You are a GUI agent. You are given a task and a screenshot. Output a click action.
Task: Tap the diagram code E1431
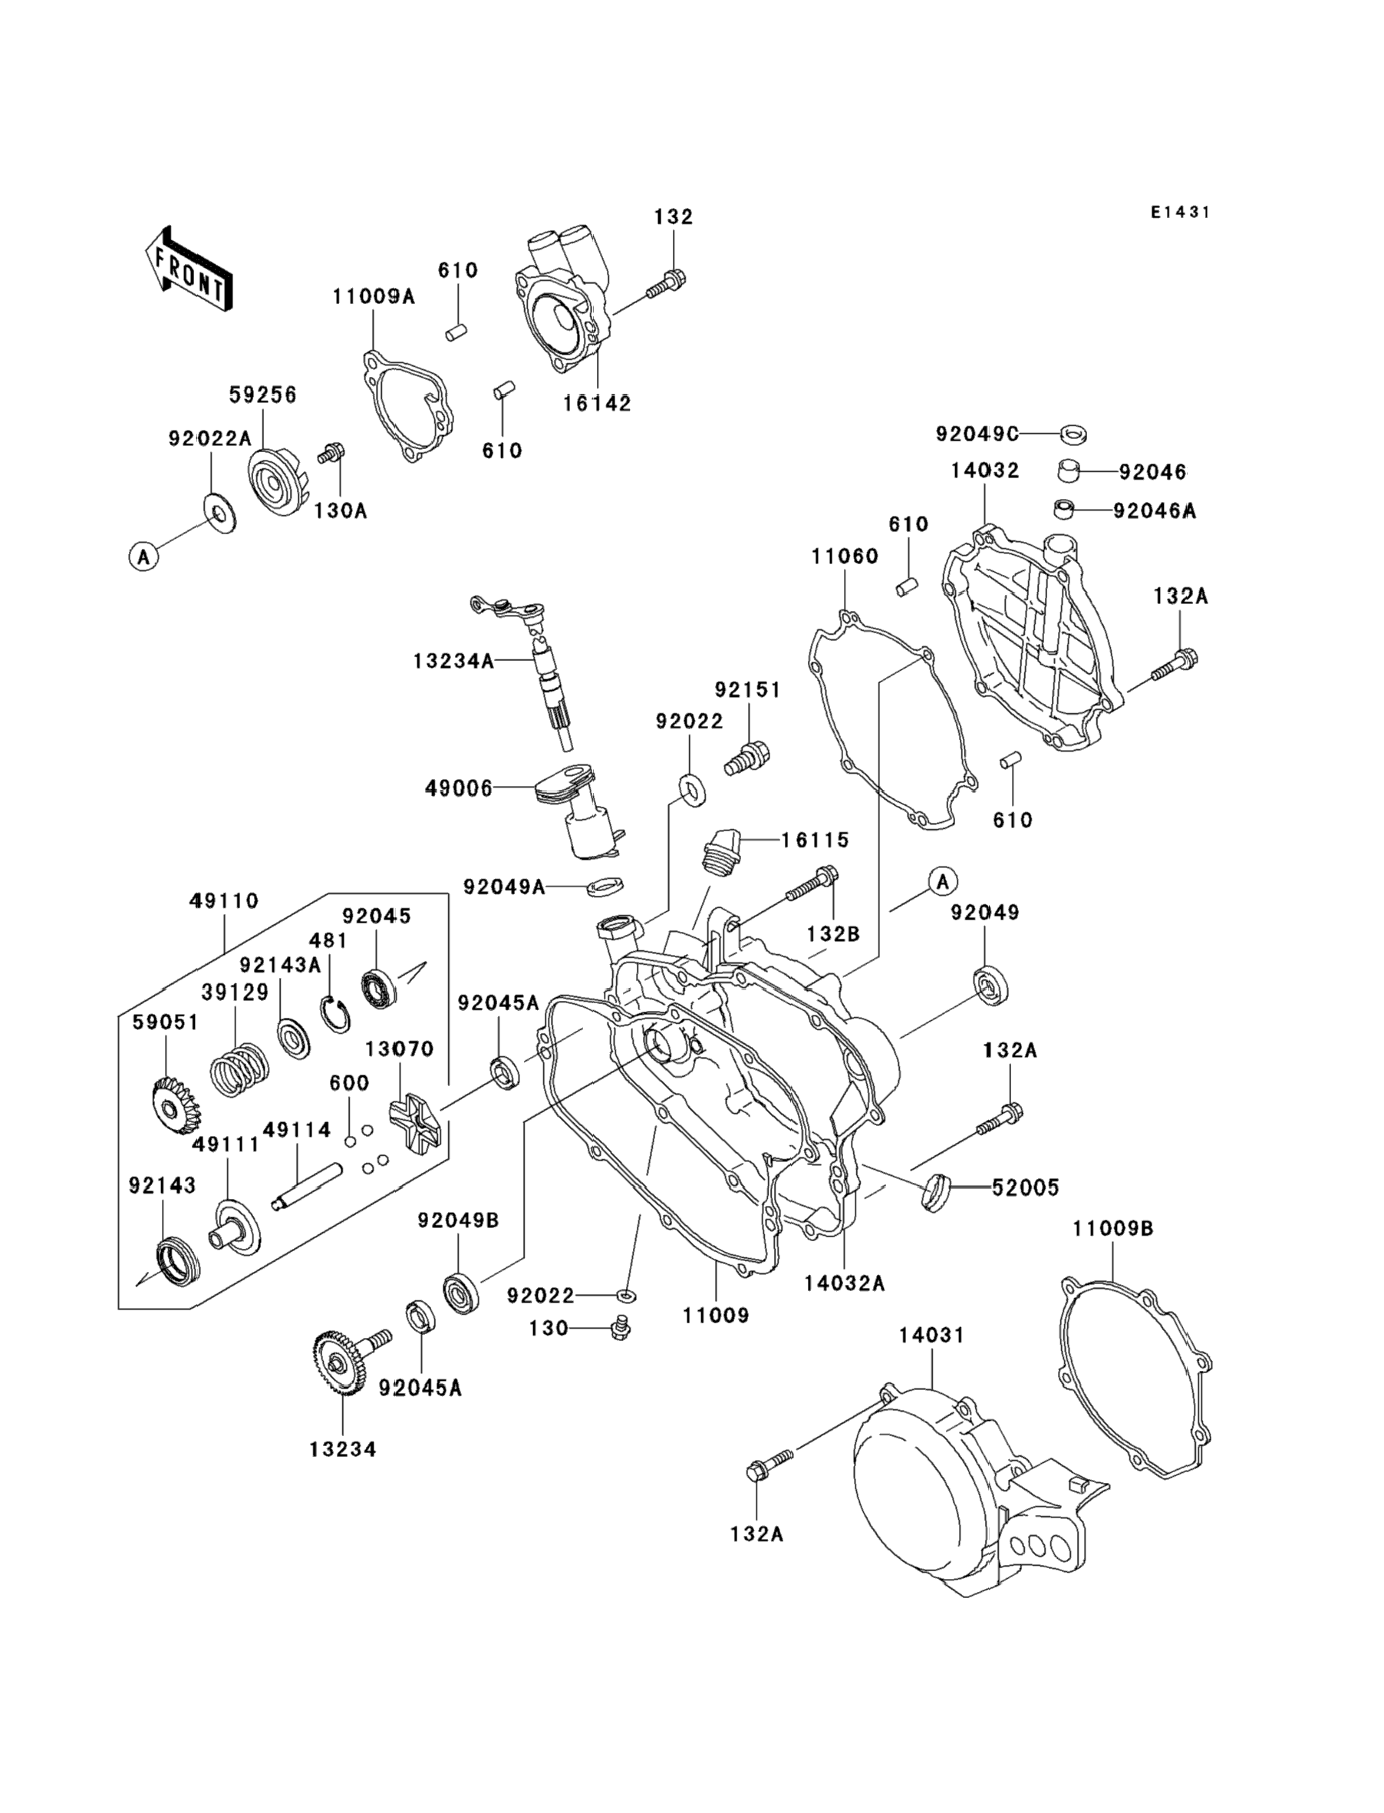1180,213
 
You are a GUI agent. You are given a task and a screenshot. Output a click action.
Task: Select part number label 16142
598,404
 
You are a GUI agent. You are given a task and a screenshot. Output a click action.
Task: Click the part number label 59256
263,395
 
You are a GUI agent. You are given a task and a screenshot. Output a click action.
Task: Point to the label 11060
845,556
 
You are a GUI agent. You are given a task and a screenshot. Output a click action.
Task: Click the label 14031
931,1335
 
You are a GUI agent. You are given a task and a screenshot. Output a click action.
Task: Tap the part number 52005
1026,1187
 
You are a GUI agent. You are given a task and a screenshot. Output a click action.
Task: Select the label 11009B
1113,1252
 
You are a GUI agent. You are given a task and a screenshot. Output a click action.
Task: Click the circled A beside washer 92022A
144,557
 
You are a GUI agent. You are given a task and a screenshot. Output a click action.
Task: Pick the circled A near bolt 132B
944,882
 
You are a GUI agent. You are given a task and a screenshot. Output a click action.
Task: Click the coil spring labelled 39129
239,1070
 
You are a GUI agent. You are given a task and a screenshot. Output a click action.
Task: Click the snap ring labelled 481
334,1014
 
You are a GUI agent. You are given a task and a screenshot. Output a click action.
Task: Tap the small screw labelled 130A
332,453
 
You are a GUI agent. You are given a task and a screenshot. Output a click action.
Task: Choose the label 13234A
453,661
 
